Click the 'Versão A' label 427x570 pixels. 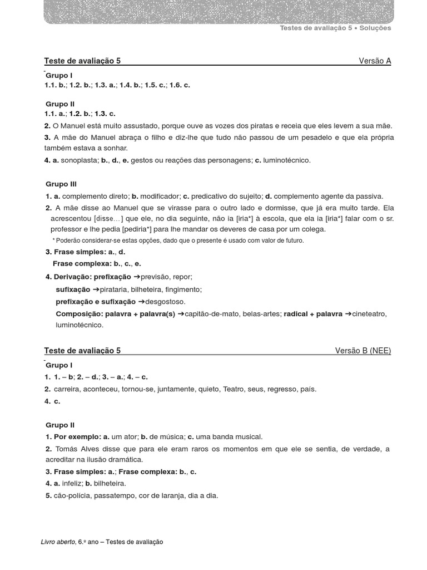tap(375, 61)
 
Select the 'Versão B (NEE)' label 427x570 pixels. tap(363, 351)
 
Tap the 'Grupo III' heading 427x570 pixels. tap(61, 184)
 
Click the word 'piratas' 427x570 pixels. tap(264, 126)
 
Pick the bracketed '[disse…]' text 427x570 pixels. tap(108, 219)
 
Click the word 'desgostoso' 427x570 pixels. tap(166, 302)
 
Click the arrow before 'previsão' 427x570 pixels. tap(137, 277)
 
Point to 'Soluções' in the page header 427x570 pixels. tap(375, 28)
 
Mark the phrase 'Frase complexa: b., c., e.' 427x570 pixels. tap(97, 264)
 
